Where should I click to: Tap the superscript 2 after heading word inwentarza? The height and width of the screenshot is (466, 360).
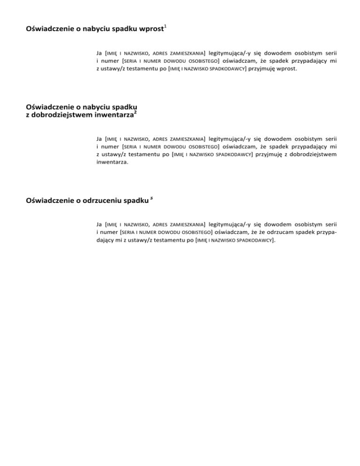[135, 112]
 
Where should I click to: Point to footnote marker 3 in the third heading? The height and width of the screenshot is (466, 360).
[153, 199]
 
